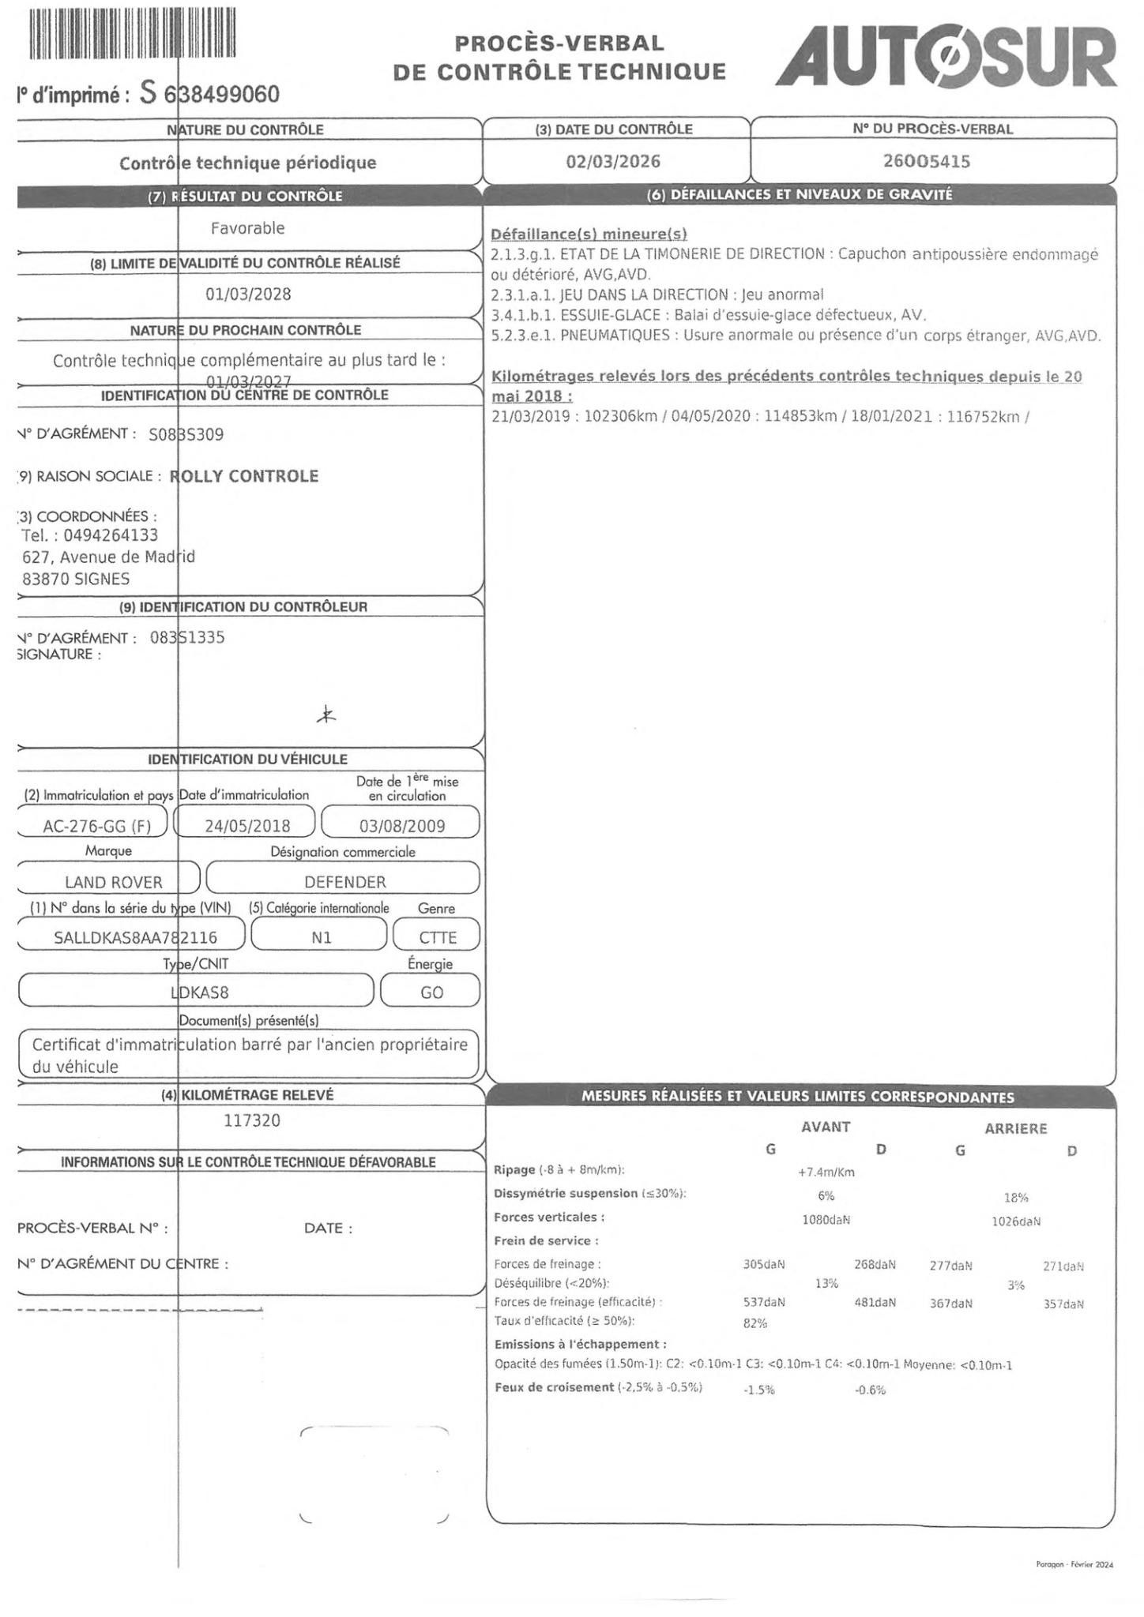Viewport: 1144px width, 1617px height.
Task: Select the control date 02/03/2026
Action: (x=613, y=161)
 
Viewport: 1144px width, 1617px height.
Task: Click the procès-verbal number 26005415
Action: (x=926, y=161)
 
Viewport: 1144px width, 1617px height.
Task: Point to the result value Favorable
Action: (x=247, y=228)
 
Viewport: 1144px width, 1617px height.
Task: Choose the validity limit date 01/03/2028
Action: (x=248, y=295)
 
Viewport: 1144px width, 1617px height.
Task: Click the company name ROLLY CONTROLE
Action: (x=244, y=476)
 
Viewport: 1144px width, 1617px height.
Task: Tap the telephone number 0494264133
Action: (x=105, y=535)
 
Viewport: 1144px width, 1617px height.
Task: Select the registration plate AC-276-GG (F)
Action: (x=93, y=826)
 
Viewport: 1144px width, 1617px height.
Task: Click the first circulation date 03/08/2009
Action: (x=402, y=826)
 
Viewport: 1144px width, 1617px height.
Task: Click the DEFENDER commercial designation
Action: (x=345, y=882)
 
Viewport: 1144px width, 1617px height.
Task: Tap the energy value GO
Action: (x=431, y=992)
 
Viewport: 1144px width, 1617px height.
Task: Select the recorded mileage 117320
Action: (x=252, y=1120)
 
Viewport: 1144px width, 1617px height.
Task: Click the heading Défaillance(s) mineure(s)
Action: (x=589, y=234)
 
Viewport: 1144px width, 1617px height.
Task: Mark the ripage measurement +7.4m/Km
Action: (x=826, y=1172)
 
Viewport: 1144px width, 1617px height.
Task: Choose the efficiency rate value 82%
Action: (x=755, y=1323)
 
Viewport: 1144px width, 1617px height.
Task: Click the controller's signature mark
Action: (x=326, y=716)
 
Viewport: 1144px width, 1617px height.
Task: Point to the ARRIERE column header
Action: (x=1015, y=1128)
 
